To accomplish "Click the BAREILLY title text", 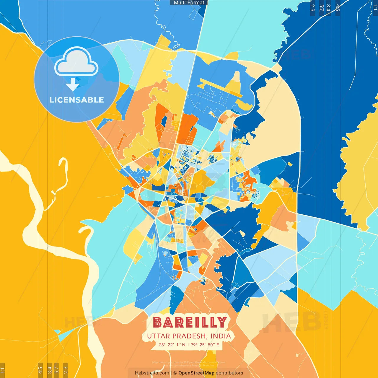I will (190, 322).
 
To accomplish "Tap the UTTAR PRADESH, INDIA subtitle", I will (189, 336).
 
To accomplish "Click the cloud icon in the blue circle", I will (76, 62).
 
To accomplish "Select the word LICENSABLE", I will (76, 100).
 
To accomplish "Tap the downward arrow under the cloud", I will (73, 84).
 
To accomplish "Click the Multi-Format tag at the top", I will (189, 3).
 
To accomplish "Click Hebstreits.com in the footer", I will (152, 373).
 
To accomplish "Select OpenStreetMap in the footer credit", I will (196, 373).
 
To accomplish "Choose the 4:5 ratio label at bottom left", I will (40, 370).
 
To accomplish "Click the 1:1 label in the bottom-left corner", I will (2, 370).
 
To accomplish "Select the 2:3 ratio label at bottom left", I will (66, 370).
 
